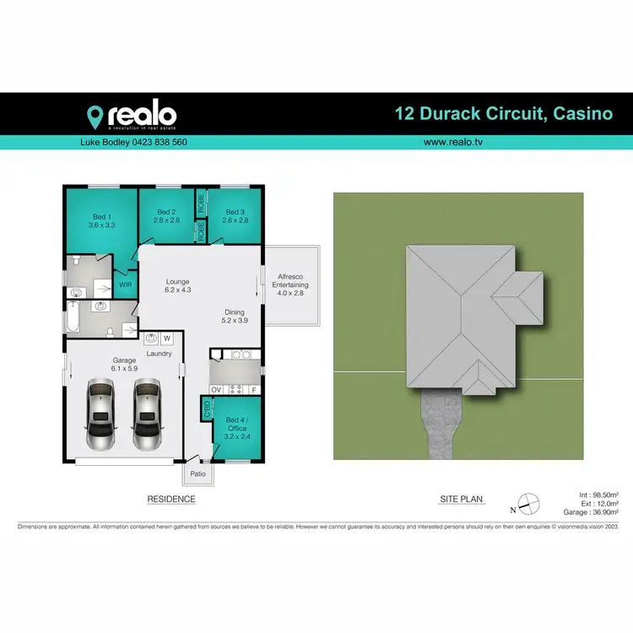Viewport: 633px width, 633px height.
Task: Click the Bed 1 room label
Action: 101,221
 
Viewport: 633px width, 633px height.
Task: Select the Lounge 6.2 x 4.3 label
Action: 177,285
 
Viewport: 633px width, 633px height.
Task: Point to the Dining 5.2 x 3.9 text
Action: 235,316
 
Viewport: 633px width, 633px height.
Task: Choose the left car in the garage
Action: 100,414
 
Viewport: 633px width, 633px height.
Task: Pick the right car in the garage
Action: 147,414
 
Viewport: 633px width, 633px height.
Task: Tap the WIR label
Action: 126,285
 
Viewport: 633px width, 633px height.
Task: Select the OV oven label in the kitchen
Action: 216,389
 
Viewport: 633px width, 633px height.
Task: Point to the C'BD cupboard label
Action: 207,411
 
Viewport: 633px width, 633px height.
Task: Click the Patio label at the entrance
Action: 197,473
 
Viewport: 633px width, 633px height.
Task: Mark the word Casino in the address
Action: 582,114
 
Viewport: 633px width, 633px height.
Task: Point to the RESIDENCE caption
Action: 171,499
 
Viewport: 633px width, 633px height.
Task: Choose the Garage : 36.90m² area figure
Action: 591,512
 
